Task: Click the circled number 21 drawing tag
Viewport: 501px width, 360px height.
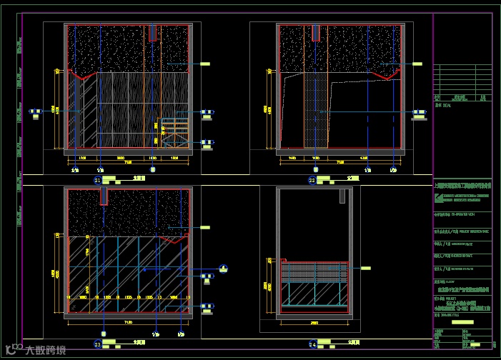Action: [x=97, y=181]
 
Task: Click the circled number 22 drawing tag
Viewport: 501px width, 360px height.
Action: [x=312, y=181]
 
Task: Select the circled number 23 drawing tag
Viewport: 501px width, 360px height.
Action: [x=97, y=344]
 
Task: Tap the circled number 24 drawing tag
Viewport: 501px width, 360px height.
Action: [x=312, y=344]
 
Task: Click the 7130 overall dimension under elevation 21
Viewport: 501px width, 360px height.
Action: [x=128, y=162]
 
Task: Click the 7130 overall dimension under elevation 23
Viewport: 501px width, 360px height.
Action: [x=128, y=322]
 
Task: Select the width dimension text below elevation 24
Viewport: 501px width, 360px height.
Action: [x=314, y=322]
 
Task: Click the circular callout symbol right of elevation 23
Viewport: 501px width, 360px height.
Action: [x=224, y=269]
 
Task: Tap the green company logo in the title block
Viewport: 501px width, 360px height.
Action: [x=437, y=194]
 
